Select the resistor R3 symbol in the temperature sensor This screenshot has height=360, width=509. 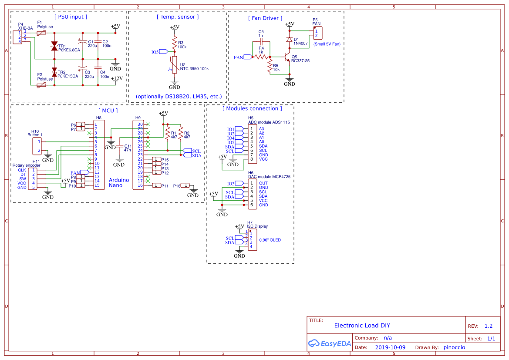[174, 44]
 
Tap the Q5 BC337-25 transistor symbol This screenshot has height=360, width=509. [287, 57]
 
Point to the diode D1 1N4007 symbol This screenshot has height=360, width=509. [290, 39]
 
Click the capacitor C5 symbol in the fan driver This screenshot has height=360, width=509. [261, 41]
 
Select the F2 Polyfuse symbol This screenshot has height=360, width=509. [41, 85]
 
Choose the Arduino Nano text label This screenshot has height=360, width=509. [118, 182]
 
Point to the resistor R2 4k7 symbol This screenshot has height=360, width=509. [181, 134]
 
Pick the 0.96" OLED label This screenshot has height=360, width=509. [270, 240]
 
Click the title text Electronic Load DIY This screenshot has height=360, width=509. [362, 325]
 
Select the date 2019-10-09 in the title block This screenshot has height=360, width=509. [390, 347]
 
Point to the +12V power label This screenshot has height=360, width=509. [116, 79]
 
